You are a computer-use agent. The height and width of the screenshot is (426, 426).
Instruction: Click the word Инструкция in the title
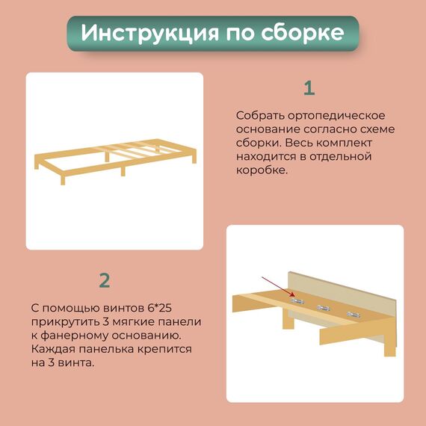click(149, 33)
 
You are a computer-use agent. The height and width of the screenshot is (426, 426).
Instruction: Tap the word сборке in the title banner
click(303, 32)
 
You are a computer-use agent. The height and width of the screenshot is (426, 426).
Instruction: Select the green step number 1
click(309, 88)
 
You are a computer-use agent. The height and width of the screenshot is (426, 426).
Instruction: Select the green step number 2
click(105, 280)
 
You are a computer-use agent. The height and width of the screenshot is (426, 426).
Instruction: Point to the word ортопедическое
click(336, 116)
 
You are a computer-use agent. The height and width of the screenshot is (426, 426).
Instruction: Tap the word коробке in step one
click(262, 170)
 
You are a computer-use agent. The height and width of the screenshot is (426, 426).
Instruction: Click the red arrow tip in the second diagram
click(294, 296)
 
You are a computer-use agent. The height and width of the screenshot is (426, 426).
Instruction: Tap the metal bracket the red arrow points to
click(298, 300)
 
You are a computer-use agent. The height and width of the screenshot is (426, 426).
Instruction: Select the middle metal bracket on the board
click(324, 308)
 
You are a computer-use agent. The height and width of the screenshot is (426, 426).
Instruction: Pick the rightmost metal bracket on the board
click(354, 315)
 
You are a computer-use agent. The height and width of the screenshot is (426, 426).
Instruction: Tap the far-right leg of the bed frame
click(194, 158)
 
